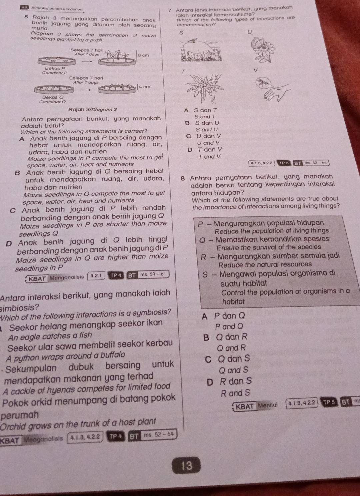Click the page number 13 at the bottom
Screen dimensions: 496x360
click(187, 465)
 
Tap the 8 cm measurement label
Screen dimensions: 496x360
click(144, 55)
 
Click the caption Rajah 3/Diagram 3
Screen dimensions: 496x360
click(92, 109)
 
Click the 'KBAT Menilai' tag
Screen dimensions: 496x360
click(256, 406)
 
